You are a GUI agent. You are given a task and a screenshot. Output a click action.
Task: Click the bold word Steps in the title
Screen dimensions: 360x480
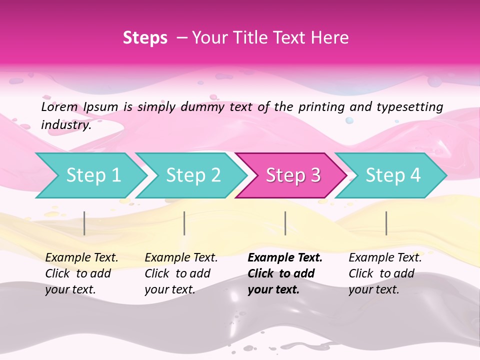pos(145,38)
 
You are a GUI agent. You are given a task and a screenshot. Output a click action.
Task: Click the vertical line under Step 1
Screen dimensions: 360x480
pos(84,223)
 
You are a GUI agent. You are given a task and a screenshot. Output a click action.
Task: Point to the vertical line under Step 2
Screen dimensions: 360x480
pos(184,223)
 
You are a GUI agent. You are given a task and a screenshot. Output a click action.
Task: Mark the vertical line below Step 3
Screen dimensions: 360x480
pos(285,223)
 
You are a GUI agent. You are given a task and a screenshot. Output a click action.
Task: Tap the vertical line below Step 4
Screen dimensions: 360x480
pos(386,223)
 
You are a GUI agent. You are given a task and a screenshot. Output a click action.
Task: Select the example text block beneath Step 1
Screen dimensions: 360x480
pos(81,273)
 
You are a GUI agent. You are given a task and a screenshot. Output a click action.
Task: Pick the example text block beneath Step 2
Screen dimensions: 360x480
pos(181,273)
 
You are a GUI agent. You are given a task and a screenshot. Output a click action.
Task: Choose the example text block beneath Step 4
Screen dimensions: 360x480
pos(385,273)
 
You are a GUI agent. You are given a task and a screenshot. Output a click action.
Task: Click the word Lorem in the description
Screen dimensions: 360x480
pos(59,106)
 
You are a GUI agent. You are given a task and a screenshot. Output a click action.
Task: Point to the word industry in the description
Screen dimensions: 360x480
pos(65,125)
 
